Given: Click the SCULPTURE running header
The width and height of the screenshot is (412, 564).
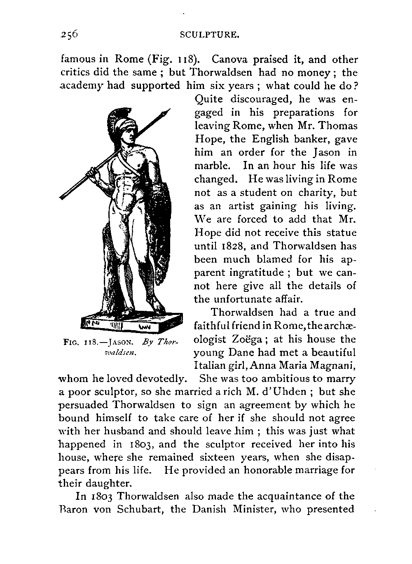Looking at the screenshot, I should pyautogui.click(x=210, y=36).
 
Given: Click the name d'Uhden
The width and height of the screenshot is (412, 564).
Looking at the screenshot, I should pyautogui.click(x=290, y=392).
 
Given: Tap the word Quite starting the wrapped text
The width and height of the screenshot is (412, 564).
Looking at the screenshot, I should pyautogui.click(x=208, y=100).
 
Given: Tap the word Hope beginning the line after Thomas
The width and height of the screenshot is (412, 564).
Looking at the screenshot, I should pyautogui.click(x=208, y=140).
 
